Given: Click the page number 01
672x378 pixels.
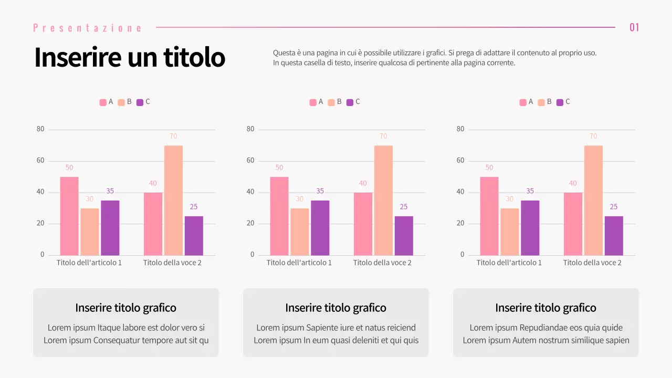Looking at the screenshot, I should pyautogui.click(x=634, y=27).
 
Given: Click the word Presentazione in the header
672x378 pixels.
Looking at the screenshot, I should pyautogui.click(x=88, y=28).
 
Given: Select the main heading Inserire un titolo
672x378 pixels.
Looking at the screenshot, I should pyautogui.click(x=129, y=57).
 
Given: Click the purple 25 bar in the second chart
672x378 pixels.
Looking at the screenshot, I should pyautogui.click(x=404, y=236).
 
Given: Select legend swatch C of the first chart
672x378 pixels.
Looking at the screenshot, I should pyautogui.click(x=140, y=102).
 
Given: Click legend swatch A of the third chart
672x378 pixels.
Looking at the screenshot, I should pyautogui.click(x=523, y=102).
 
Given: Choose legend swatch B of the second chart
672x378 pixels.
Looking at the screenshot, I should pyautogui.click(x=331, y=102).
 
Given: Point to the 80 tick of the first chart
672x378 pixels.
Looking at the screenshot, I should pyautogui.click(x=40, y=129).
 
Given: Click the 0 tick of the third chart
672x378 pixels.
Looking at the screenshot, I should pyautogui.click(x=463, y=255).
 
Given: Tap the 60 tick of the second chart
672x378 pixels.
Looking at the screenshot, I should pyautogui.click(x=250, y=161).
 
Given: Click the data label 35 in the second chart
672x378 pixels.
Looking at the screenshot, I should pyautogui.click(x=320, y=191).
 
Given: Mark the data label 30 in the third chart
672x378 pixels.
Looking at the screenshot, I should pyautogui.click(x=509, y=199).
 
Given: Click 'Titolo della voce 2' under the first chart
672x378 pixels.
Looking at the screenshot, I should pyautogui.click(x=172, y=262).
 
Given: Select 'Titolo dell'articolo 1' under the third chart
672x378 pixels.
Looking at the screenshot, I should pyautogui.click(x=509, y=262).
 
